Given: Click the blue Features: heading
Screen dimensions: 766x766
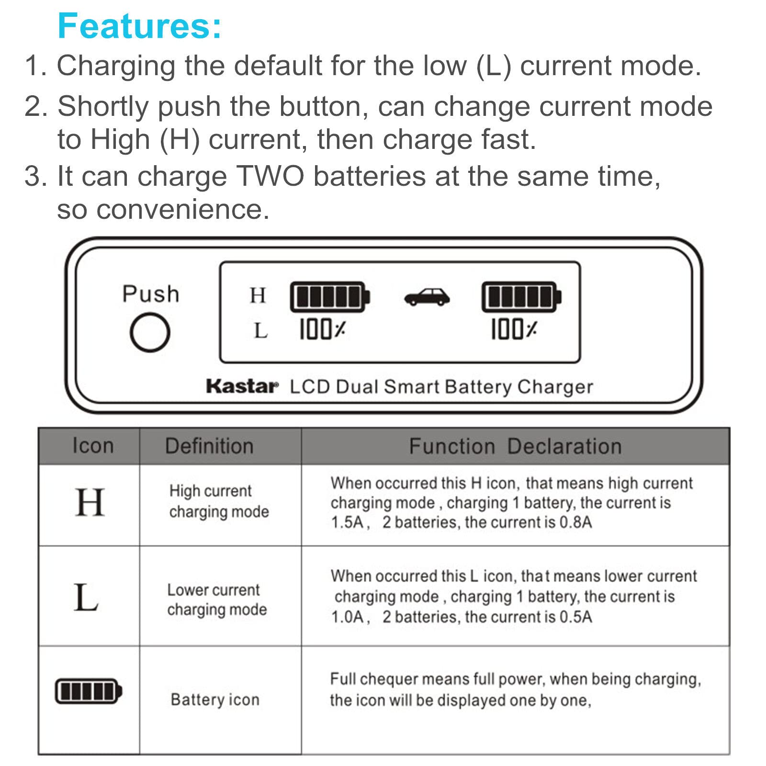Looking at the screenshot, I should (139, 26).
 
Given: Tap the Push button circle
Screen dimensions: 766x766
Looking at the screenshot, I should (150, 332).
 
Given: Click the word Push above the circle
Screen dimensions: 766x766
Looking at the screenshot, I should (151, 294).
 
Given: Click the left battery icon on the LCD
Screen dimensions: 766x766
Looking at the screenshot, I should (330, 297).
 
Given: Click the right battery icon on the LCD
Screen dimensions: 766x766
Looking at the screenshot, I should (521, 297).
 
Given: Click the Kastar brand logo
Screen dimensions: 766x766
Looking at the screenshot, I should (242, 386).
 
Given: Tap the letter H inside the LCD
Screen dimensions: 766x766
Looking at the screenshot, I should (258, 295).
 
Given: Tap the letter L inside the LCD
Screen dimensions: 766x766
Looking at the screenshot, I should (260, 330).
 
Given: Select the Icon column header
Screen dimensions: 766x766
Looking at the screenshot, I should (93, 446).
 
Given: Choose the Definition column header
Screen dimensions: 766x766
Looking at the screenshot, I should (209, 446).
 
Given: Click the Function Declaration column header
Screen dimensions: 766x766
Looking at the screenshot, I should (515, 446).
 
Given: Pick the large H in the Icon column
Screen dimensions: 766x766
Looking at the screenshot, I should (90, 502).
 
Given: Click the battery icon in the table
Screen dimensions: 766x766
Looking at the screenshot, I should (89, 691).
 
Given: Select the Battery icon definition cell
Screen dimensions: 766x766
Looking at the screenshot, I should (215, 699).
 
